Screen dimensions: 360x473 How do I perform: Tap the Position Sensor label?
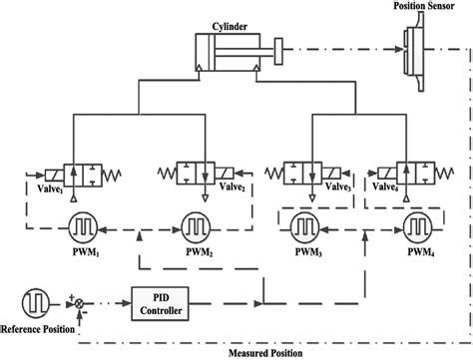419,7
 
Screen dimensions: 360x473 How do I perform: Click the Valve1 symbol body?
75,176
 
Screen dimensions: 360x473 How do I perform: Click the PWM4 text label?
408,252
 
